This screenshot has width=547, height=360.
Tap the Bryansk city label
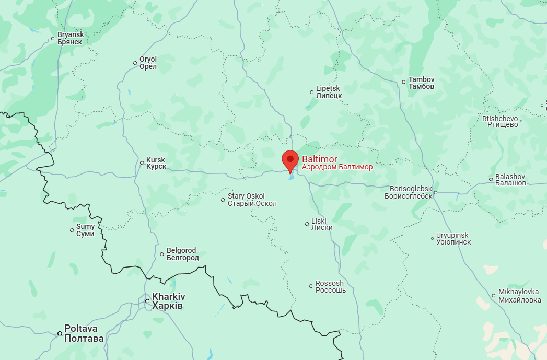click(x=70, y=38)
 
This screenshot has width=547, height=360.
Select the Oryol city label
click(x=148, y=63)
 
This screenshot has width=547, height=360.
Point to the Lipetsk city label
click(x=329, y=92)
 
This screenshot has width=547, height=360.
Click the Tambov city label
click(x=421, y=83)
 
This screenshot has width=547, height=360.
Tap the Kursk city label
click(x=156, y=163)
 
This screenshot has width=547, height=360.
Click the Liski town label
click(x=322, y=224)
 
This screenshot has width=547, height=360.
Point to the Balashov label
click(x=510, y=180)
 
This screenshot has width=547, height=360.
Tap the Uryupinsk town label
click(x=453, y=238)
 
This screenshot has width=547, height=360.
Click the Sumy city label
click(x=85, y=230)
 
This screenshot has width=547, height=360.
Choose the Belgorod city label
click(x=182, y=254)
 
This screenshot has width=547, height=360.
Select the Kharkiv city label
click(x=168, y=300)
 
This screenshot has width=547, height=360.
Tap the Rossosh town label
click(x=330, y=287)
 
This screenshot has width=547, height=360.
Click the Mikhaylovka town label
click(x=518, y=295)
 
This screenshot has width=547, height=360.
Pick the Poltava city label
click(x=84, y=333)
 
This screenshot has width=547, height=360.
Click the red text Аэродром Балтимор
click(x=337, y=167)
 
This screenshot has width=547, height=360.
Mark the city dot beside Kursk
click(x=142, y=163)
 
